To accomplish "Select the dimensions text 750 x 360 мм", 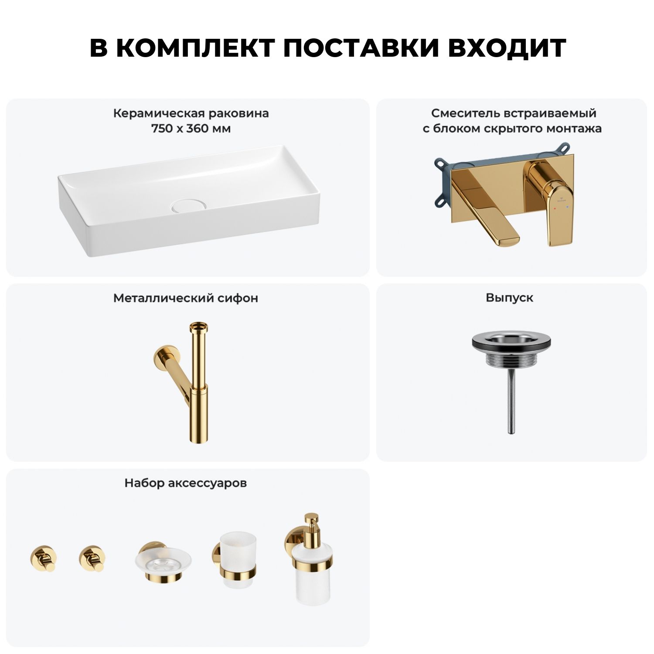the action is [x=191, y=129].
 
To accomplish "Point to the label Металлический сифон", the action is [x=186, y=298].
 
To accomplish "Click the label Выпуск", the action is [x=510, y=298].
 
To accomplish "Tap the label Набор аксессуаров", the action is [x=186, y=483].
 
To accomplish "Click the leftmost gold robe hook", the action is [x=44, y=558].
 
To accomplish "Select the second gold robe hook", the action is [x=92, y=558].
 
